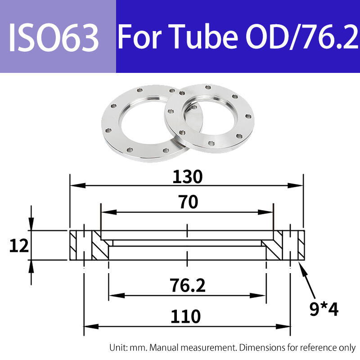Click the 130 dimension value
coord(187,177)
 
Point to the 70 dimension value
coord(188,202)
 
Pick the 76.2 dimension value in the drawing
coord(187,285)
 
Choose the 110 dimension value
coord(185,316)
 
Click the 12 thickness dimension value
coord(19,246)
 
